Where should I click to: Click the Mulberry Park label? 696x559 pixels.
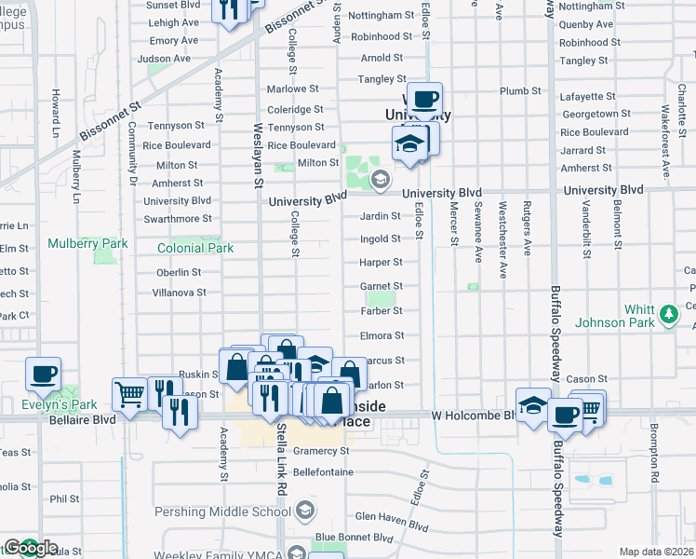click(x=88, y=244)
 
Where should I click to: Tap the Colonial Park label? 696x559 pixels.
click(x=195, y=249)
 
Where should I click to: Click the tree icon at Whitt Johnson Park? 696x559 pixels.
click(x=667, y=316)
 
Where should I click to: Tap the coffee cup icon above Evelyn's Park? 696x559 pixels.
click(x=44, y=375)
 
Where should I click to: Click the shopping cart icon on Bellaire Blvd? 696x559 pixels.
click(x=129, y=393)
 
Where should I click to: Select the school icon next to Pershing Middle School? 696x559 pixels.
click(x=305, y=511)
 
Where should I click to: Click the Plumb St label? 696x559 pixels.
click(x=521, y=91)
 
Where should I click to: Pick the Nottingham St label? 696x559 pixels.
click(x=381, y=16)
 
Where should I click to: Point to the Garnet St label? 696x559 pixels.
click(x=381, y=287)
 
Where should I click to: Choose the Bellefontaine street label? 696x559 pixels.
click(x=323, y=472)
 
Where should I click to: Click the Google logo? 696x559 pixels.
click(x=31, y=548)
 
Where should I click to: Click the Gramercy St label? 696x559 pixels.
click(x=320, y=451)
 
